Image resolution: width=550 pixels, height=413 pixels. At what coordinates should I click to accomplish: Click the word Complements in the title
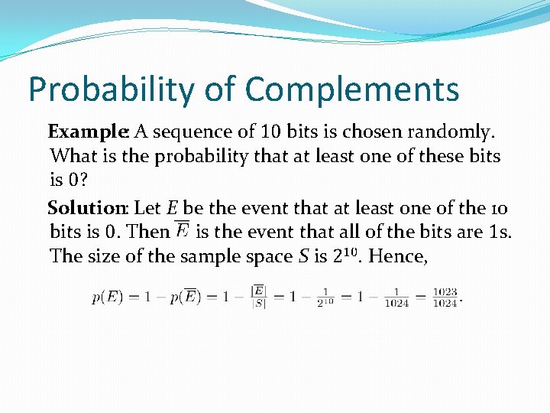click(x=352, y=89)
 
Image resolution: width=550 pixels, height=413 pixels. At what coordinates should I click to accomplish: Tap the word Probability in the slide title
click(x=111, y=89)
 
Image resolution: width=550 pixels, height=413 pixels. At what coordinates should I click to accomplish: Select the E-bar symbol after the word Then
click(x=183, y=230)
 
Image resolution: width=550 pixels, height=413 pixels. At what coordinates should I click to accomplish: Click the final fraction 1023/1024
click(x=445, y=298)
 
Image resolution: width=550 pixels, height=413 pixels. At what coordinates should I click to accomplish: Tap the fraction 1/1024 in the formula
click(x=396, y=298)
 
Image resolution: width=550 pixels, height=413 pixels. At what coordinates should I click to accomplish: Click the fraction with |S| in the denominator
click(x=259, y=297)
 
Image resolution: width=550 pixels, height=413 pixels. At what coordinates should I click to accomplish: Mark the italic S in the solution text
click(x=300, y=256)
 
